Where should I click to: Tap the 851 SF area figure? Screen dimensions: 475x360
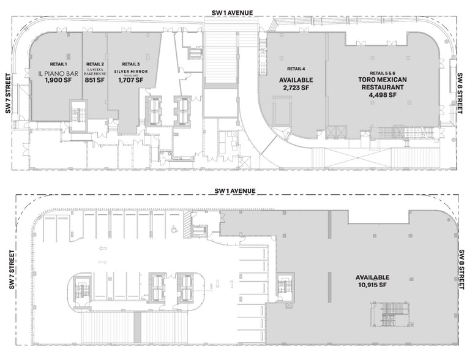[x=95, y=80]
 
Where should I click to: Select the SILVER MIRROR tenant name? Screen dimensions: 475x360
[x=131, y=72]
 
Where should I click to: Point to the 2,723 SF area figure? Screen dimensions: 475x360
[x=296, y=88]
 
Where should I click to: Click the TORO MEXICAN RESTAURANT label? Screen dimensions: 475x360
[x=383, y=83]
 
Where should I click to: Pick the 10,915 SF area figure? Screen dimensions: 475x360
[x=372, y=285]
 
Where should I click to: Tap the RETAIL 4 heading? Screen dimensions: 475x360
[x=296, y=69]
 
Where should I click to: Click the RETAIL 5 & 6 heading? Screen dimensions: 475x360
[x=383, y=73]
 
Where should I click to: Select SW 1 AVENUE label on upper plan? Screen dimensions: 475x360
[x=233, y=13]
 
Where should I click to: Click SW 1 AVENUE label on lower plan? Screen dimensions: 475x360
[x=235, y=191]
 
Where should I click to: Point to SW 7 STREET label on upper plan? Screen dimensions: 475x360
[x=8, y=94]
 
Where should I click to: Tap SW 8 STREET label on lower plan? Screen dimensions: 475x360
[x=462, y=270]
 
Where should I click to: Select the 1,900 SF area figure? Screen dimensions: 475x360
[x=58, y=80]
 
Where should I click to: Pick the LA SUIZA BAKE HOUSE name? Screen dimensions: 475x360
[x=95, y=72]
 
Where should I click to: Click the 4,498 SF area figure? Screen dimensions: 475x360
[x=383, y=95]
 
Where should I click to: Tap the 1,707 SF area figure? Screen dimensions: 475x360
[x=131, y=80]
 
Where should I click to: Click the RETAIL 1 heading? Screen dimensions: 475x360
[x=58, y=64]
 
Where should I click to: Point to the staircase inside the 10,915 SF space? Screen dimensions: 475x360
[x=389, y=314]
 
